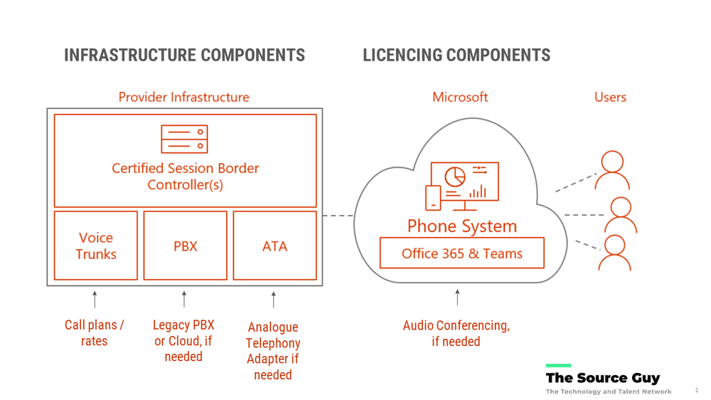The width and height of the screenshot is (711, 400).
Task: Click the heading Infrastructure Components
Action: pyautogui.click(x=184, y=56)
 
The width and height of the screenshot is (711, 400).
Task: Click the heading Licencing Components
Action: pyautogui.click(x=456, y=56)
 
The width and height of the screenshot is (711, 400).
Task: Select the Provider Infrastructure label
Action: pyautogui.click(x=183, y=97)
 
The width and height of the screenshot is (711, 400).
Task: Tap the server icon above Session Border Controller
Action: pyautogui.click(x=184, y=139)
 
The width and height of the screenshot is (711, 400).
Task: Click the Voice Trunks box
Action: pyautogui.click(x=96, y=246)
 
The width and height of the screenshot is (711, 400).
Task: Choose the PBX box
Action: pyautogui.click(x=186, y=246)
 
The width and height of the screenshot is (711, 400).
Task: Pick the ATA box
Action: pyautogui.click(x=274, y=246)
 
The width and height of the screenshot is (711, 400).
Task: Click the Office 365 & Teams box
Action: pyautogui.click(x=461, y=253)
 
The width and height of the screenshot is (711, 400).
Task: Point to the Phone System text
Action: pyautogui.click(x=461, y=226)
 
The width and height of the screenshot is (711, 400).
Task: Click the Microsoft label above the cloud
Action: pyautogui.click(x=460, y=97)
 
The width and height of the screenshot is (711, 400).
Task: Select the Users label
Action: pyautogui.click(x=610, y=97)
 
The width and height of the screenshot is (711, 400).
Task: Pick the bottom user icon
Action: pyautogui.click(x=614, y=253)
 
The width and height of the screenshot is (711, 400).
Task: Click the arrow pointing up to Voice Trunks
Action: pyautogui.click(x=95, y=299)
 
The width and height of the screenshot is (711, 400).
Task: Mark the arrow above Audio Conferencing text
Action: pyautogui.click(x=457, y=298)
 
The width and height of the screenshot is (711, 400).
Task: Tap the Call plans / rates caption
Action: pyautogui.click(x=95, y=333)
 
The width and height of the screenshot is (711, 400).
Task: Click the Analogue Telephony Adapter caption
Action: pyautogui.click(x=273, y=350)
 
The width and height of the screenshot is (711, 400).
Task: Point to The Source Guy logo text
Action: pyautogui.click(x=602, y=378)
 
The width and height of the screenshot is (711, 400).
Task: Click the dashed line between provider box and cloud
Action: pyautogui.click(x=338, y=215)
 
